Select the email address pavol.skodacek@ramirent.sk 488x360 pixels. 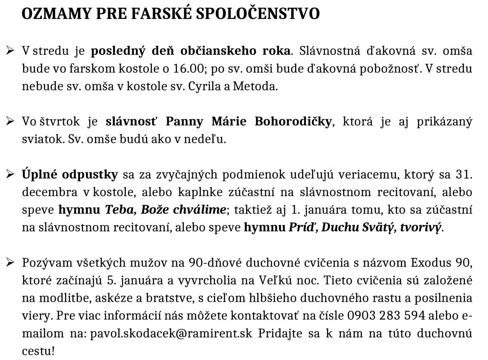[171, 333]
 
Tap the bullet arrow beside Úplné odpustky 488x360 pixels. [11, 174]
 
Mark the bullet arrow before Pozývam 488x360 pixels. [11, 262]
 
